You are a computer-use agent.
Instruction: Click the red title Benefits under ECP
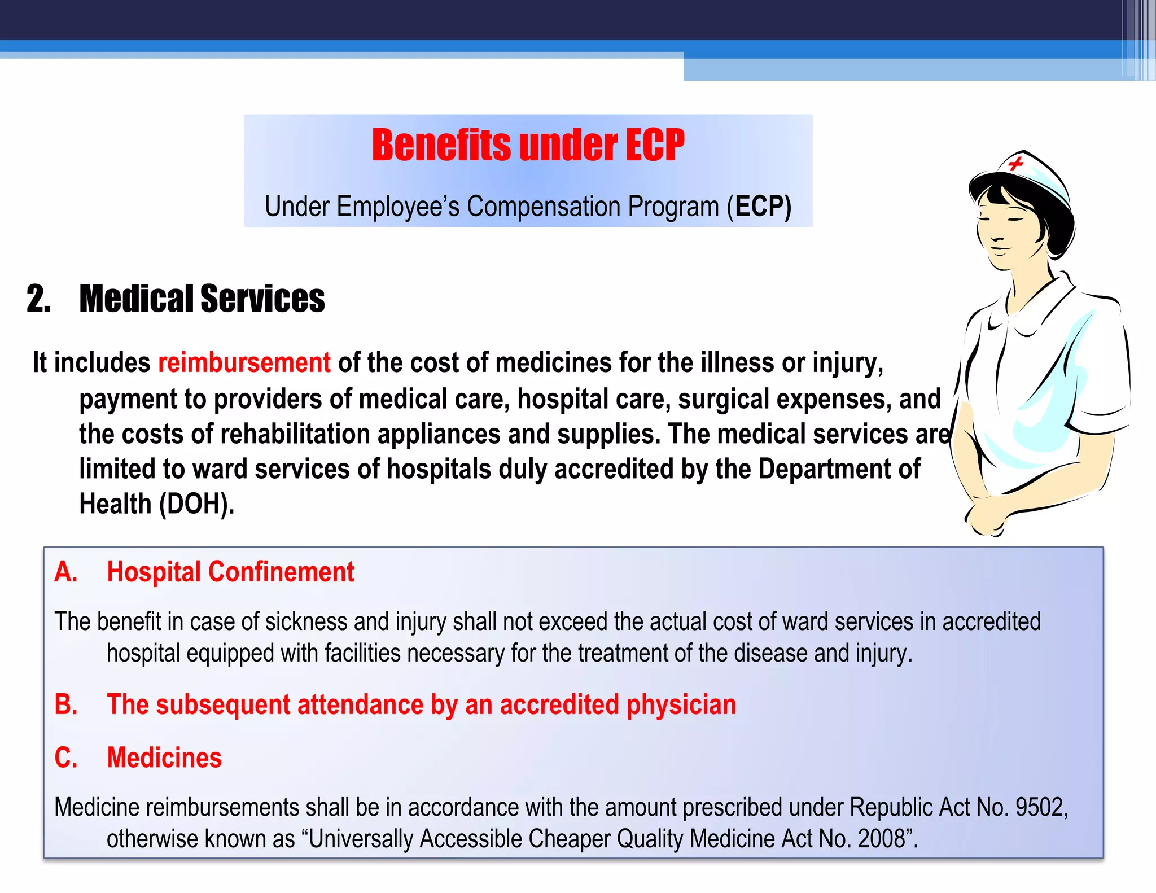point(528,145)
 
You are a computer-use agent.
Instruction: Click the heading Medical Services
point(202,299)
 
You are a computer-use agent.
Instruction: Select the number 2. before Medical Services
point(38,299)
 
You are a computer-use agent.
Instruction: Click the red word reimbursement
point(244,362)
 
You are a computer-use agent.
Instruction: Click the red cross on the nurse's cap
point(1015,164)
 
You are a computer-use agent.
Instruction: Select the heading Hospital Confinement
point(230,572)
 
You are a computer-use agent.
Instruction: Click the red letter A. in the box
point(65,572)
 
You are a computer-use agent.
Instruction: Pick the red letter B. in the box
point(65,704)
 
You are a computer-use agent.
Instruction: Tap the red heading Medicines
point(164,758)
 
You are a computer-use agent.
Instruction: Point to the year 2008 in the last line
point(881,839)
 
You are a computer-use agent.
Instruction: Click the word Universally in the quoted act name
point(361,839)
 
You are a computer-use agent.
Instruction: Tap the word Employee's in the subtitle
point(398,206)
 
